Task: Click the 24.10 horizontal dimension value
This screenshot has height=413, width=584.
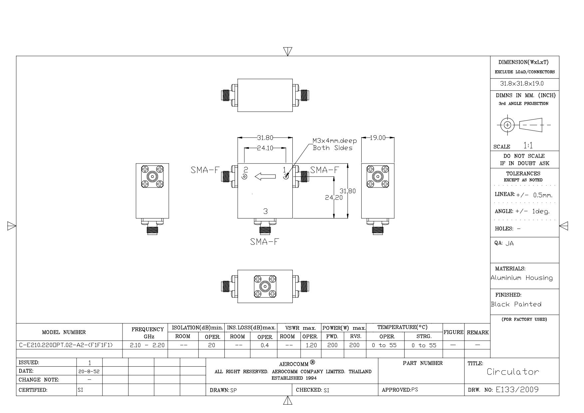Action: point(265,148)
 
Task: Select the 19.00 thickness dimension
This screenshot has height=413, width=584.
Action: point(378,138)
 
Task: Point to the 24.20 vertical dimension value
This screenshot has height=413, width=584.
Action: point(334,198)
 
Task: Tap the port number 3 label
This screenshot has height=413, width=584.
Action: point(265,211)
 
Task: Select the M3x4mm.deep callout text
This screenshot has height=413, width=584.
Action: point(334,141)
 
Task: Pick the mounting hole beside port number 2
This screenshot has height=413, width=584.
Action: point(244,177)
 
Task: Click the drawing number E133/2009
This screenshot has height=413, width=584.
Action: point(517,390)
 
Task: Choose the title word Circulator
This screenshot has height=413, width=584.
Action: point(513,372)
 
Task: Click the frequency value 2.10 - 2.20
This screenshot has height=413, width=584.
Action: point(147,345)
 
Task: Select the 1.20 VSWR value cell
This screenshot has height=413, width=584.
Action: point(311,345)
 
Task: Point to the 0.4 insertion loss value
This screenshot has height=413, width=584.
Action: point(265,345)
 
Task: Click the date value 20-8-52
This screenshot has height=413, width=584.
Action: point(90,371)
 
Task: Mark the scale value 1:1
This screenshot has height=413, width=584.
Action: point(528,146)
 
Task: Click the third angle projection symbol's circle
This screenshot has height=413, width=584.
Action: point(507,125)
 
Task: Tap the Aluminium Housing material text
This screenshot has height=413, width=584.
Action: point(521,278)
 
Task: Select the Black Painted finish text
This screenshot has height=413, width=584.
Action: point(516,304)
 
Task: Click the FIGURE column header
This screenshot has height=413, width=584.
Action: point(453,332)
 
